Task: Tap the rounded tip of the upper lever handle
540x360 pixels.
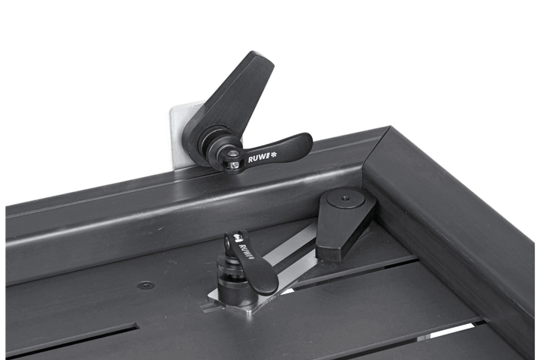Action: tap(304, 139)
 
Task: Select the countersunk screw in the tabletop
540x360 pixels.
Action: tap(145, 285)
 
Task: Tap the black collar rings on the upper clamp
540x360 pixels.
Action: tap(217, 147)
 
